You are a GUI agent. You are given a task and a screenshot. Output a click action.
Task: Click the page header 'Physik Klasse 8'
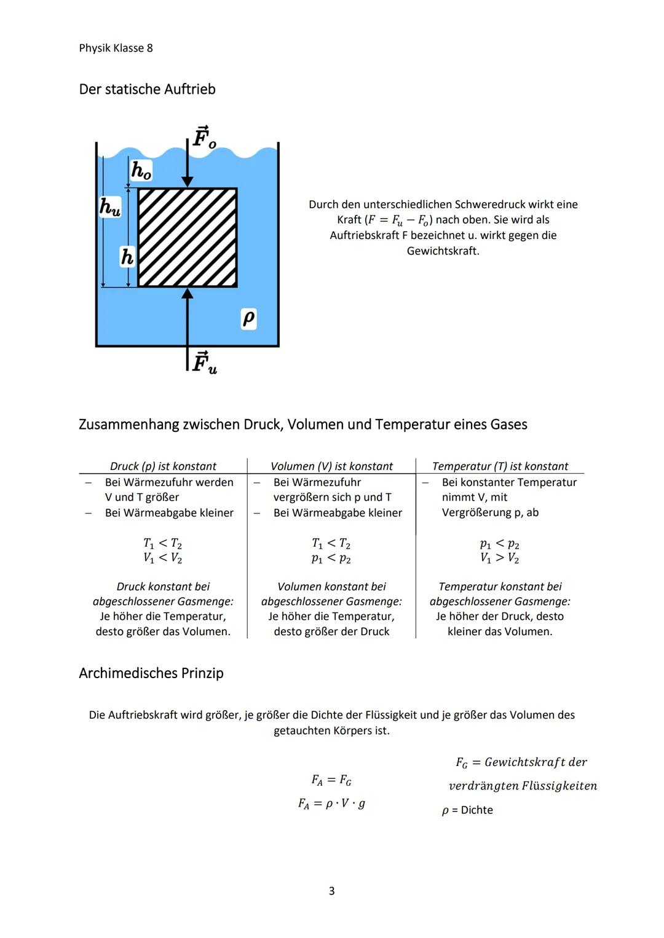[116, 48]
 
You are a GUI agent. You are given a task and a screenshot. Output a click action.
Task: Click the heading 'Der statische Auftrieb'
[147, 89]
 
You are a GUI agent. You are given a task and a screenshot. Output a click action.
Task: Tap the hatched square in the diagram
[188, 237]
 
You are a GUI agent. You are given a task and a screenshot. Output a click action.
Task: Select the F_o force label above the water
[204, 137]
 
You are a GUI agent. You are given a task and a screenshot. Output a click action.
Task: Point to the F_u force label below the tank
[204, 362]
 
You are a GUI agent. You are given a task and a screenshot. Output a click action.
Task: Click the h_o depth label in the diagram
[141, 170]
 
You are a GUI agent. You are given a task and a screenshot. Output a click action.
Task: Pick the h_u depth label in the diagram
[110, 206]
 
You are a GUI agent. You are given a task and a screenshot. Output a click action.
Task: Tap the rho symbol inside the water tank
[248, 318]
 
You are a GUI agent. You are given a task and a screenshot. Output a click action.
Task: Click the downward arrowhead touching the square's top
[188, 181]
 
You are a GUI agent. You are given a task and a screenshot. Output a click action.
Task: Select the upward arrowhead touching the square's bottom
[188, 294]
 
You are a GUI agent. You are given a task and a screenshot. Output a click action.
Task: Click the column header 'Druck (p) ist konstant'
[163, 466]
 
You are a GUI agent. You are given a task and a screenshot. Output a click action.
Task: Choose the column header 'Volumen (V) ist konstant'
[331, 466]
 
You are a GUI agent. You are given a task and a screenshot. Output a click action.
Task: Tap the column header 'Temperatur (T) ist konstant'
[500, 466]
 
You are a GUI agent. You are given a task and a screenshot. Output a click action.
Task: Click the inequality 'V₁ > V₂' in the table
[500, 558]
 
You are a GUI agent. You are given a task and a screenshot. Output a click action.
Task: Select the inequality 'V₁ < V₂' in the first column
[163, 558]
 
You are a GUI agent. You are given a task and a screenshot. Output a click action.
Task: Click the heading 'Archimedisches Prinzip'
[151, 673]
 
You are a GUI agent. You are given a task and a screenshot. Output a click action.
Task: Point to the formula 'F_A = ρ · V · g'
[331, 803]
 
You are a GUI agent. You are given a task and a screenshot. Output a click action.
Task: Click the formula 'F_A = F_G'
[331, 780]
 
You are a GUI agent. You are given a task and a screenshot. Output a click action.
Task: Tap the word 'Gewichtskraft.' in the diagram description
[443, 251]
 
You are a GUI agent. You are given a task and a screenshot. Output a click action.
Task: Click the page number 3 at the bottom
[331, 891]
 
